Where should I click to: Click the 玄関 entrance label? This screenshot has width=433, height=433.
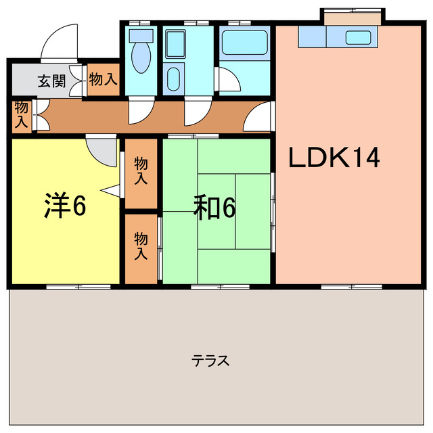pyautogui.click(x=51, y=81)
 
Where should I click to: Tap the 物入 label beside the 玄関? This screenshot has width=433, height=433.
pyautogui.click(x=103, y=80)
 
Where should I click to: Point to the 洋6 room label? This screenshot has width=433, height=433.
pyautogui.click(x=65, y=206)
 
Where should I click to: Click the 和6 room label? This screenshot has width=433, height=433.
pyautogui.click(x=214, y=207)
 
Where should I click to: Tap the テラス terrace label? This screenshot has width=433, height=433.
pyautogui.click(x=210, y=360)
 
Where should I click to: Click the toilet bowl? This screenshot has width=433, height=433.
pyautogui.click(x=141, y=58)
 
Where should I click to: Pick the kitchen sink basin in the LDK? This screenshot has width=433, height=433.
pyautogui.click(x=357, y=37)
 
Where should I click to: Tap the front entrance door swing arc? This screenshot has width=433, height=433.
pyautogui.click(x=59, y=42)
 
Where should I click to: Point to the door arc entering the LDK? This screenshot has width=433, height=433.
pyautogui.click(x=259, y=118)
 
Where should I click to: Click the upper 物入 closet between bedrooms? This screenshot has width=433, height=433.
pyautogui.click(x=141, y=172)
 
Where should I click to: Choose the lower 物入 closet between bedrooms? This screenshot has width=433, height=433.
pyautogui.click(x=141, y=247)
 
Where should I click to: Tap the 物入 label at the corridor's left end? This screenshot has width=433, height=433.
pyautogui.click(x=22, y=115)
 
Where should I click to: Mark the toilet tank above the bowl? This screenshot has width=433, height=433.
pyautogui.click(x=141, y=35)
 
